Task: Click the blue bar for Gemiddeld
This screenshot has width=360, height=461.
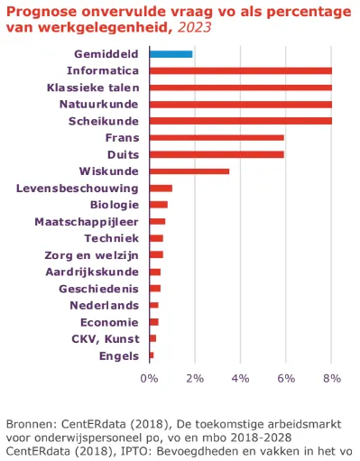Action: [171, 54]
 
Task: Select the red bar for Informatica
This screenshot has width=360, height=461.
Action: [240, 70]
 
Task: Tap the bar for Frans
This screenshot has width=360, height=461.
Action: [217, 138]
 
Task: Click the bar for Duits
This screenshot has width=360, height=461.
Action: [217, 154]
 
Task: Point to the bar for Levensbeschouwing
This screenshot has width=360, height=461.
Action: [161, 188]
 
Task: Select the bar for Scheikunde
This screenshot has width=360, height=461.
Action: [240, 121]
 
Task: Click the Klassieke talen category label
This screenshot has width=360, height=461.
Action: [94, 88]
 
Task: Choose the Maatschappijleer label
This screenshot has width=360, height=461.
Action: [87, 221]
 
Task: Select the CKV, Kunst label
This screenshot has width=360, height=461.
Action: [105, 338]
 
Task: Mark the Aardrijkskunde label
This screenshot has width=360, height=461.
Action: [92, 272]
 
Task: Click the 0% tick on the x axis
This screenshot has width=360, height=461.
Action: [150, 378]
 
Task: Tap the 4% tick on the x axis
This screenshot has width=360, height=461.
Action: [241, 378]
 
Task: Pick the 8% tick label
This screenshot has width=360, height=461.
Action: [331, 378]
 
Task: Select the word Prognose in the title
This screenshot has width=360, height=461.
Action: [36, 10]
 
